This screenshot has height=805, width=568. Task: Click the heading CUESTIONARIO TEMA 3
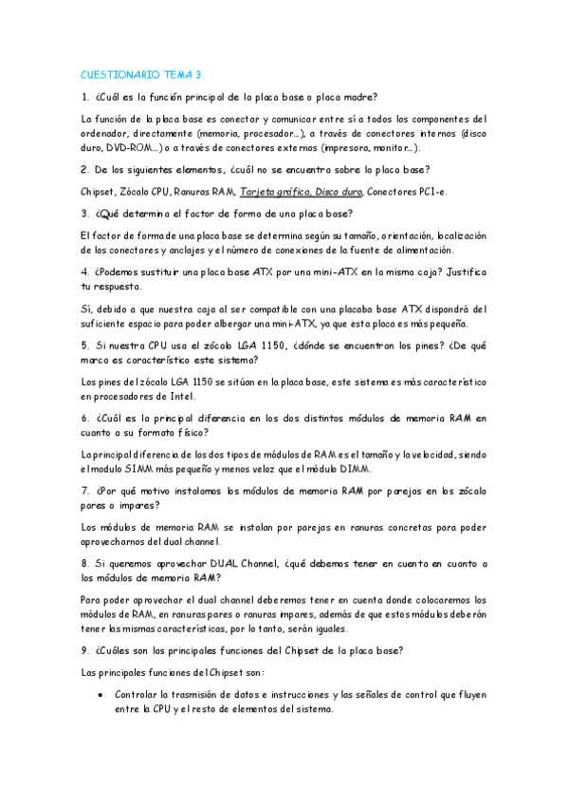143,73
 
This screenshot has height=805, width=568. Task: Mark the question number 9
84,650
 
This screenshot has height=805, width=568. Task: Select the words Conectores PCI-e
408,192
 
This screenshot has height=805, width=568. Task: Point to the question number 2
84,170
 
